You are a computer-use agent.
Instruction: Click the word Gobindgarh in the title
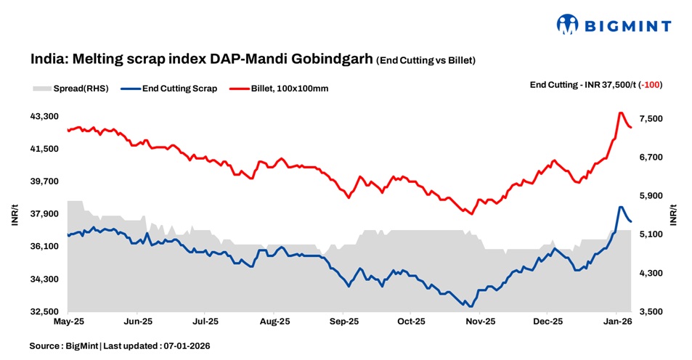330,59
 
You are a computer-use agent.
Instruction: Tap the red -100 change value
650,85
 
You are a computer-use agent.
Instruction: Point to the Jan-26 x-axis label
617,321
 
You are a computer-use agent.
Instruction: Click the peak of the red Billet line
620,112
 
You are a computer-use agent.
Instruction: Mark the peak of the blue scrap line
620,207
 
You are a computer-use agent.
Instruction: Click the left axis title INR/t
15,216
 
